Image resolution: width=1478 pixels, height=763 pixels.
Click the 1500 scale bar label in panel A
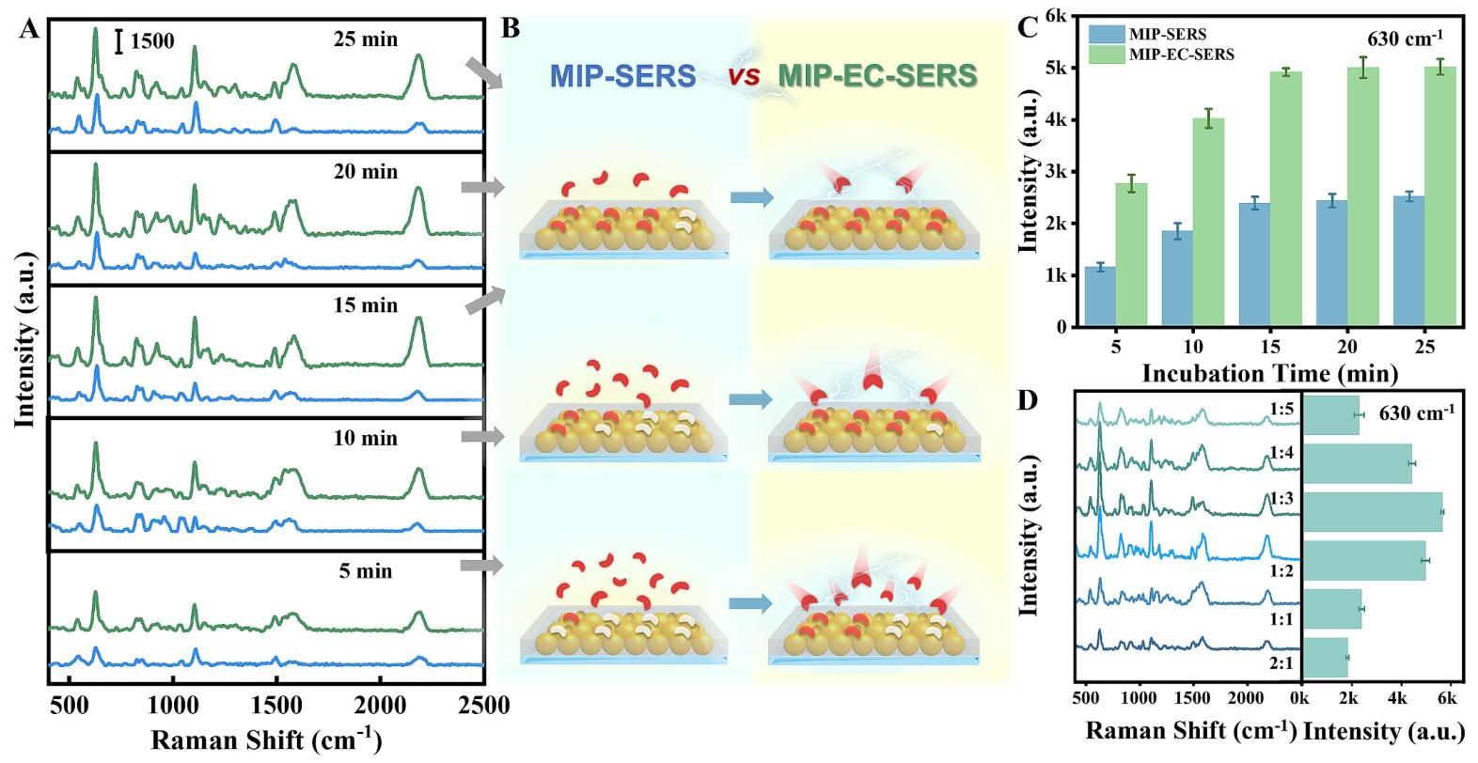(x=151, y=41)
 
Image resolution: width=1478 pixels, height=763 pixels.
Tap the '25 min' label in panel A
(x=365, y=39)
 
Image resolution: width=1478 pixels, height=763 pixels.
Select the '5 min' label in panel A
(x=366, y=571)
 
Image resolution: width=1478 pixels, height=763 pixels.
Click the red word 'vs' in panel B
(x=743, y=76)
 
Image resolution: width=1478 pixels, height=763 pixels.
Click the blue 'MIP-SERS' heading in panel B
(x=622, y=76)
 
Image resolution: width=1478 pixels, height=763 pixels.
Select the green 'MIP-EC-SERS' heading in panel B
(x=877, y=76)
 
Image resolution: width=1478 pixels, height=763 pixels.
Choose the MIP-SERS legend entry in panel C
(x=1147, y=35)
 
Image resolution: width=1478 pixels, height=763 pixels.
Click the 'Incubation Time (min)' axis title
(x=1269, y=373)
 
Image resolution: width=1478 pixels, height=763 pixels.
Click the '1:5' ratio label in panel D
(x=1281, y=410)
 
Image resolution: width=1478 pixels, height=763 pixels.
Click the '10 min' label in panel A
(x=365, y=438)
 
